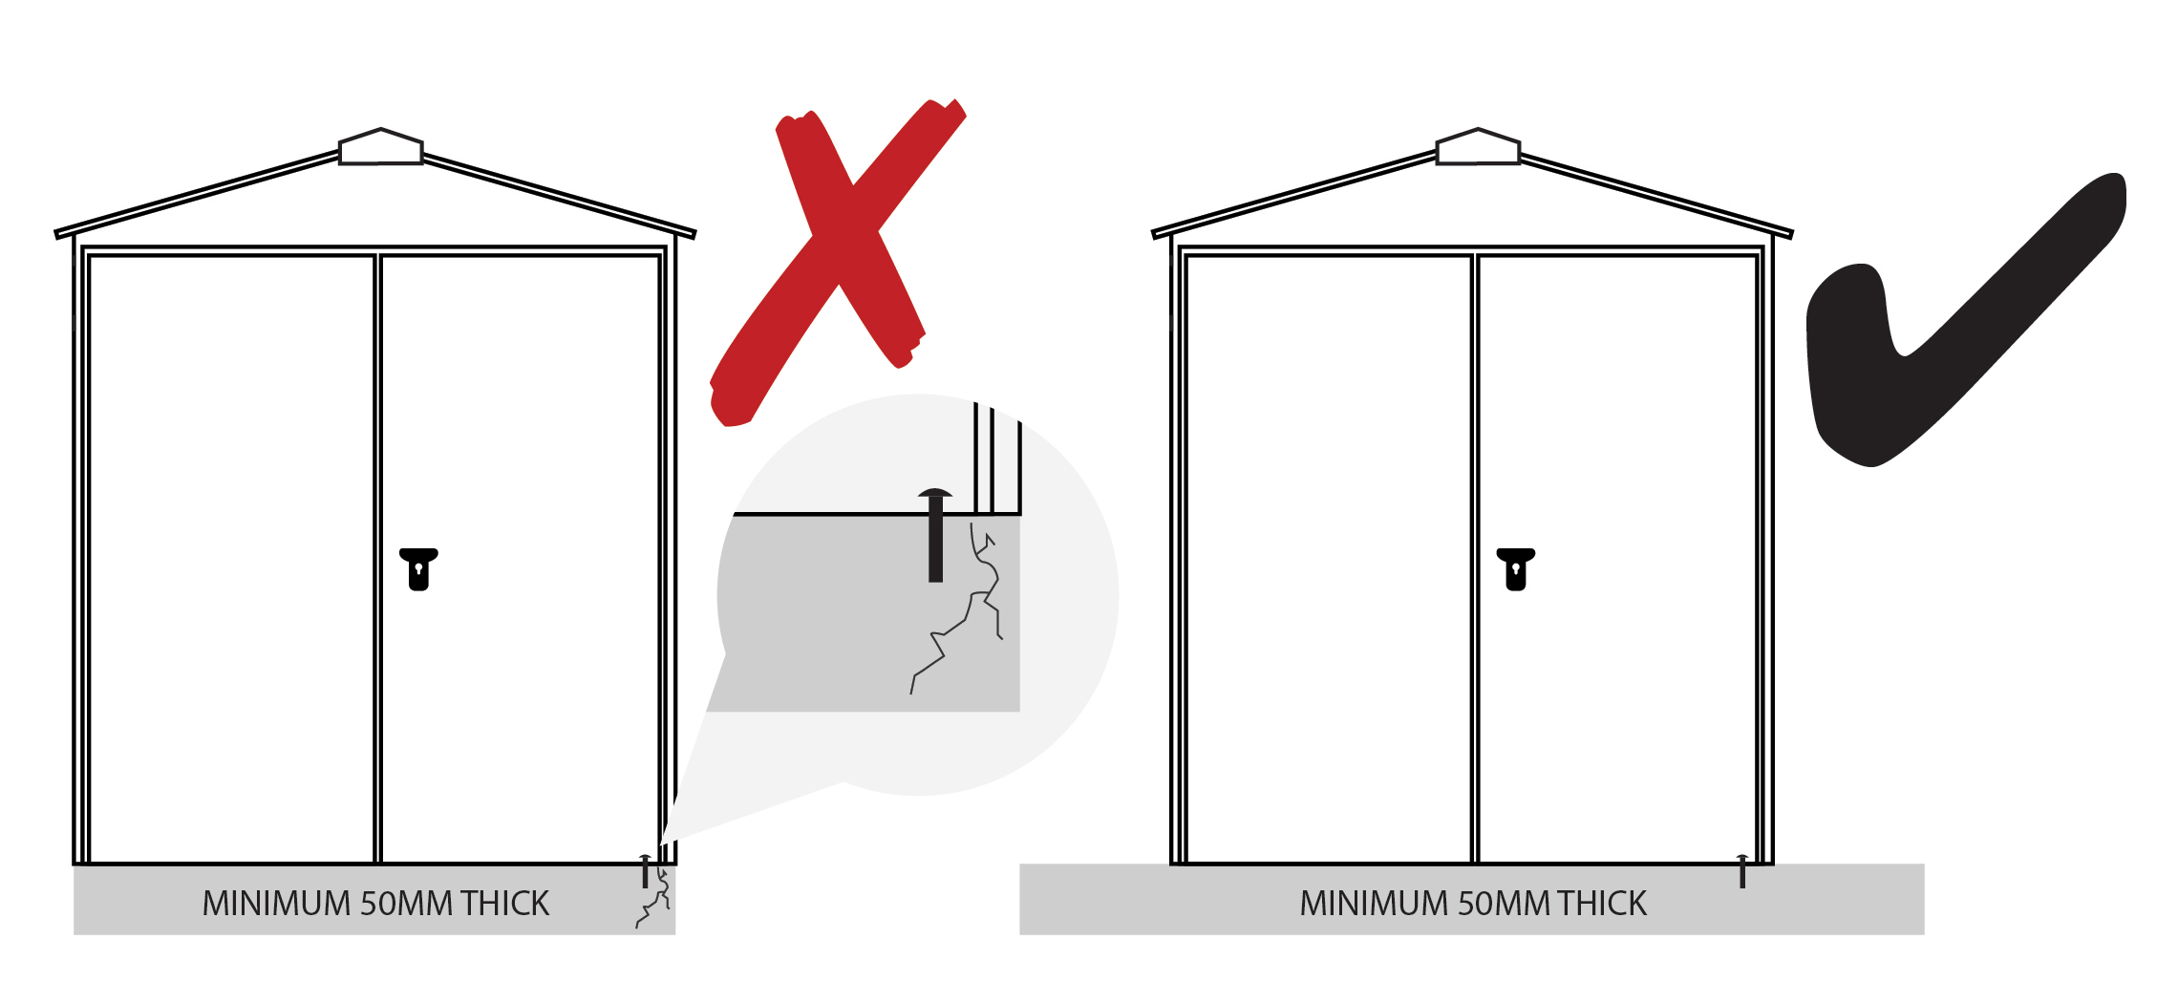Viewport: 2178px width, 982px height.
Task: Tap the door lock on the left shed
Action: [x=418, y=569]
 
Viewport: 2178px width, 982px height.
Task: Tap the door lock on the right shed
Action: [x=1515, y=569]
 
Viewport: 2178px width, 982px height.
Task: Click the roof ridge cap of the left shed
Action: [x=381, y=148]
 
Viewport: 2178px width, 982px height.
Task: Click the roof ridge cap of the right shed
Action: [x=1478, y=148]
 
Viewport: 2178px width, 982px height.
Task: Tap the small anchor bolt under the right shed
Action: [x=1742, y=871]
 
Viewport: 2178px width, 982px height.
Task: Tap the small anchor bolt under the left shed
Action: [x=646, y=871]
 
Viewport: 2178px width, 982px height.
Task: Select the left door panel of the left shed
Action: [x=231, y=559]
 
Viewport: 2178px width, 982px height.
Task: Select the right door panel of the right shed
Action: [x=1616, y=559]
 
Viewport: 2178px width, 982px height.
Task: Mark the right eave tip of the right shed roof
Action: [x=1789, y=234]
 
